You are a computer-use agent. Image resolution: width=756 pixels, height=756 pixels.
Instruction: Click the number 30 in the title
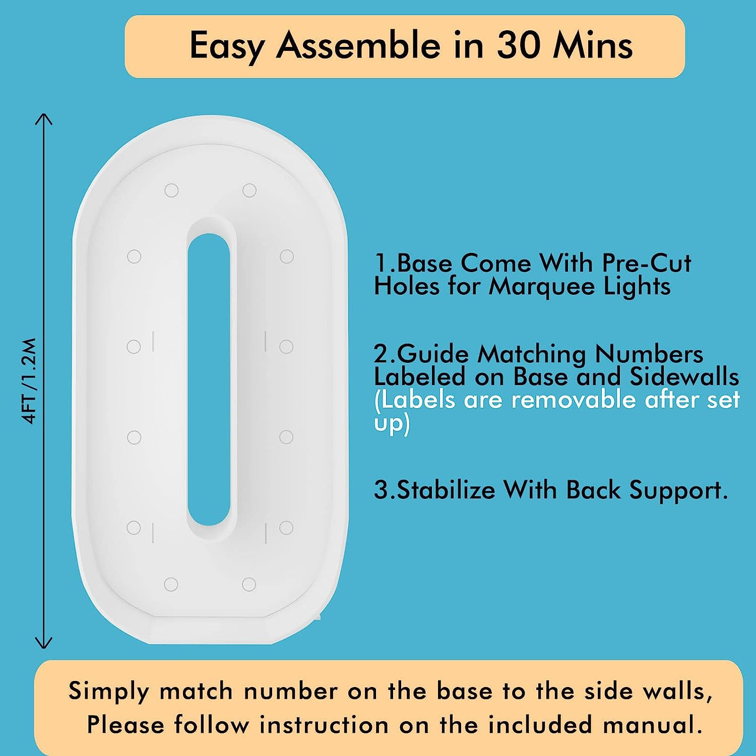519,45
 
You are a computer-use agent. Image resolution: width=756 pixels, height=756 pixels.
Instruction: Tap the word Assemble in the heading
358,45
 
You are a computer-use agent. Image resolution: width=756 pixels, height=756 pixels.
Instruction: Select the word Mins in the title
593,45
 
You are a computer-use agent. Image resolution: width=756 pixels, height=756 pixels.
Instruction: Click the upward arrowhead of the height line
44,119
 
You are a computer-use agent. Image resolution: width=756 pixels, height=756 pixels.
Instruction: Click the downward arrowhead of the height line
44,643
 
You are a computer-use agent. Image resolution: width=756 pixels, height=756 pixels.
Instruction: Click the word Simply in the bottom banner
108,691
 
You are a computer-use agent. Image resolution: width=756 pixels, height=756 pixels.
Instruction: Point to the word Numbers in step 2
649,354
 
